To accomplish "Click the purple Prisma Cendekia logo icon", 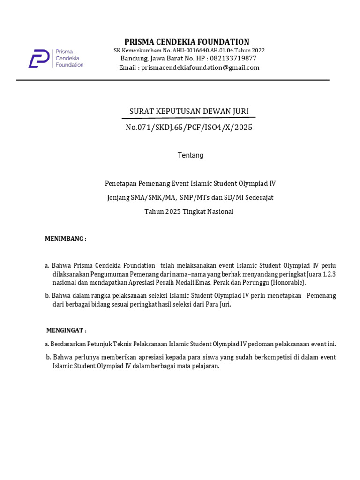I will [x=39, y=59].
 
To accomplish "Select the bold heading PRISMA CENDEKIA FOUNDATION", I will [x=187, y=42].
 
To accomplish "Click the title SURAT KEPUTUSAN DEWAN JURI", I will [x=189, y=111].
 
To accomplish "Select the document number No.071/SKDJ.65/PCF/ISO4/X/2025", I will [x=189, y=127].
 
